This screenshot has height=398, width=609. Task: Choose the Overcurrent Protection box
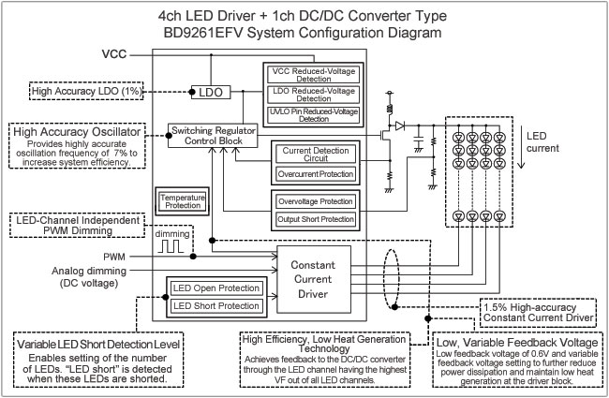coord(313,174)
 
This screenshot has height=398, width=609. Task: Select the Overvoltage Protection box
coord(313,200)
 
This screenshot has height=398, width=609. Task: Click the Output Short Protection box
coord(313,221)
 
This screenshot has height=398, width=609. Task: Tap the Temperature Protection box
coord(182,200)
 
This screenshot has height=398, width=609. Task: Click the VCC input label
coord(114,57)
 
